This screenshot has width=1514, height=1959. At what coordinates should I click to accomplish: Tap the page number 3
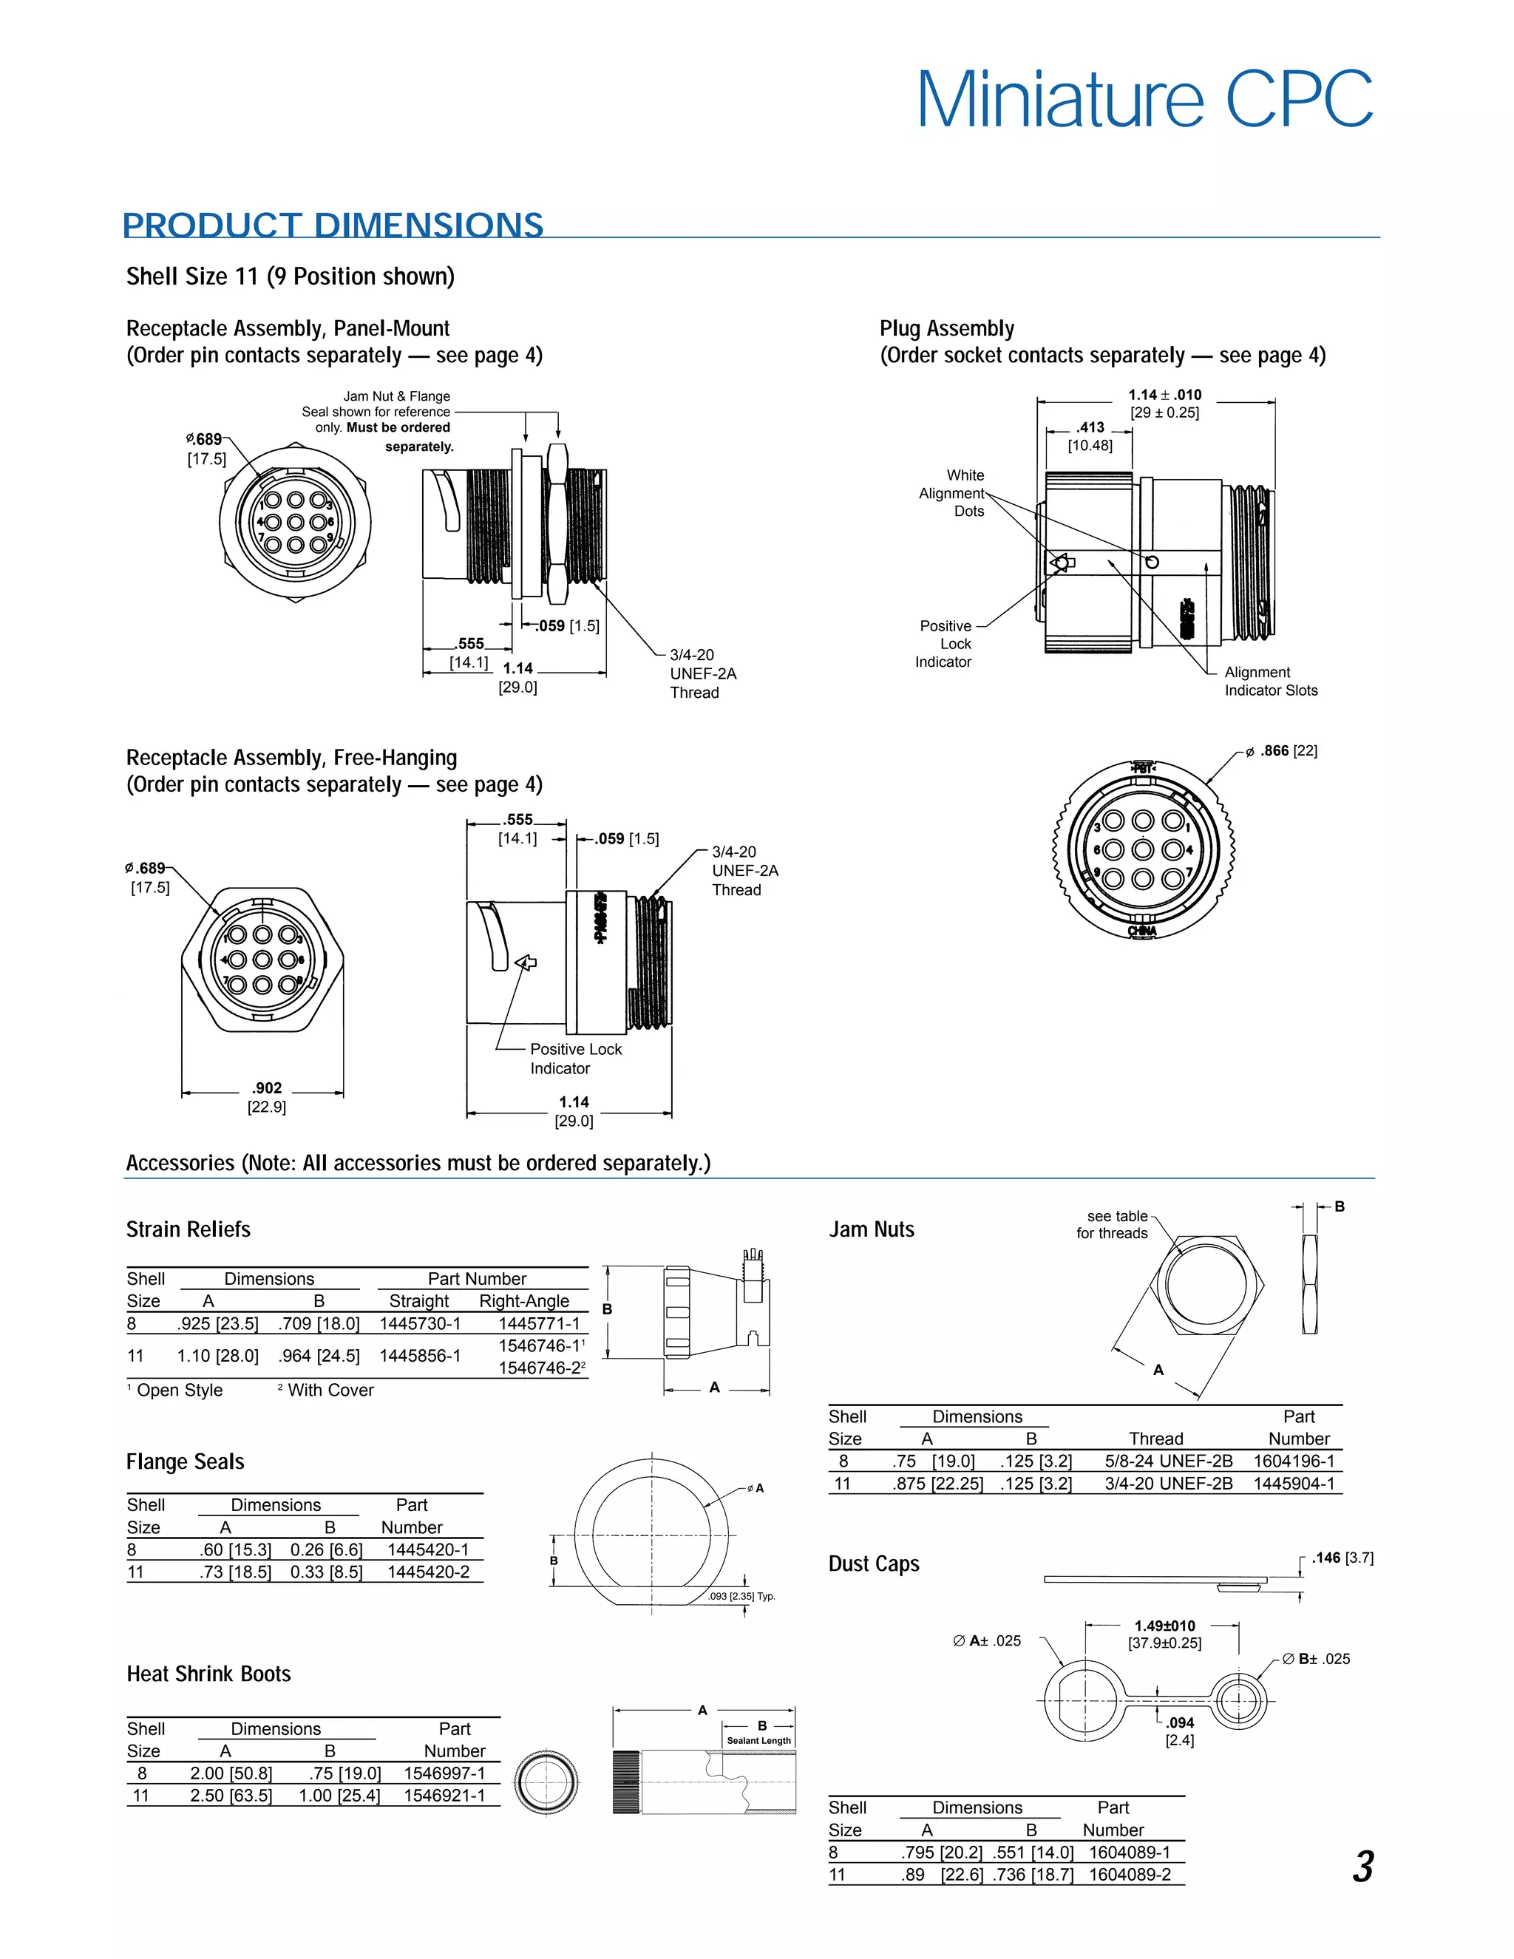tap(1362, 1867)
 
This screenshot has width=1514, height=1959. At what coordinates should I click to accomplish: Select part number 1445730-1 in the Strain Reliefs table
tap(420, 1324)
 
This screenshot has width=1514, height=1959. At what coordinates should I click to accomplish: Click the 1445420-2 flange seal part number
tap(428, 1572)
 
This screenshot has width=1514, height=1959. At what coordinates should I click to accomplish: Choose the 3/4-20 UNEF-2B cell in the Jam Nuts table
tap(1168, 1484)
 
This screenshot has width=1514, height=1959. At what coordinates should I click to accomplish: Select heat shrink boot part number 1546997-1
tap(444, 1773)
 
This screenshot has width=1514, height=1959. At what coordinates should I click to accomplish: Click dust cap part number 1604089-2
tap(1130, 1875)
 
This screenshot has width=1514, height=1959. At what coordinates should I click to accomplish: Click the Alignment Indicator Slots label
tap(1270, 682)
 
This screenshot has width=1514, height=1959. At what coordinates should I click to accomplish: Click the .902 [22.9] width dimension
tap(266, 1097)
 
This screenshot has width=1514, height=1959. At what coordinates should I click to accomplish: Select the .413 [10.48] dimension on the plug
tap(1090, 436)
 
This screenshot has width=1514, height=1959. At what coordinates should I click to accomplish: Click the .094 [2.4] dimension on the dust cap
tap(1179, 1731)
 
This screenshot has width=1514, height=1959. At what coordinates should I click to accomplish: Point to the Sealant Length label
tap(758, 1740)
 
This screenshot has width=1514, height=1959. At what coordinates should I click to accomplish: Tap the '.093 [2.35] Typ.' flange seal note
tap(741, 1597)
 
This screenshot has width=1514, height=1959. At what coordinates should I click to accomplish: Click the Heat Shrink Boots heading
tap(209, 1674)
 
